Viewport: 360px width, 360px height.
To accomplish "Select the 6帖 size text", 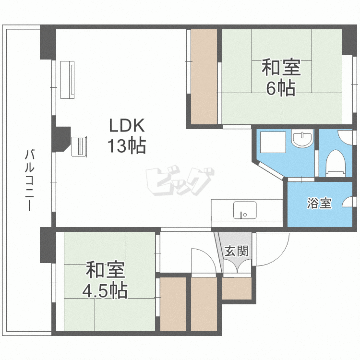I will [x=281, y=89].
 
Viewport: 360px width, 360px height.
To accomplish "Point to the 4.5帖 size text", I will [x=105, y=290].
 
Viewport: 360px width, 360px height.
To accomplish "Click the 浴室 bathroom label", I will [x=319, y=204].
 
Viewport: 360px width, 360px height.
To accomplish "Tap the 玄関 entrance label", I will [x=237, y=250].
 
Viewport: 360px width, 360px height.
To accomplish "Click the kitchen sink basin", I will [x=244, y=210].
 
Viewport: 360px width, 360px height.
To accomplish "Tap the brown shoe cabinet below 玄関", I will [x=237, y=288].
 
